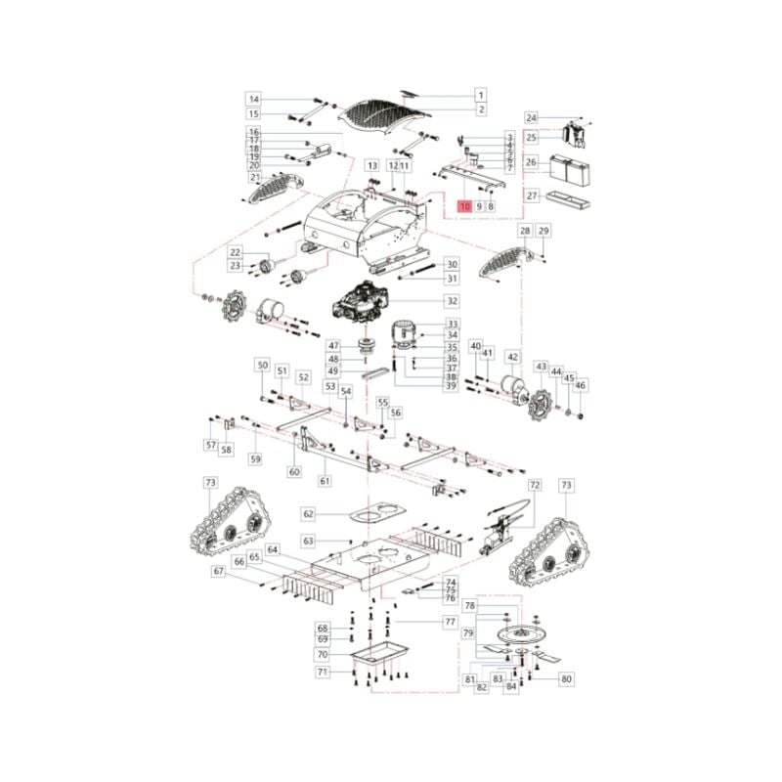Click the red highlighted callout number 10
pyautogui.click(x=464, y=206)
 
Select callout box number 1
pyautogui.click(x=481, y=95)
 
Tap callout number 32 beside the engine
pyautogui.click(x=452, y=300)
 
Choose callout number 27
pyautogui.click(x=532, y=195)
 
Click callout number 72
pyautogui.click(x=535, y=485)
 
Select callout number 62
pyautogui.click(x=309, y=514)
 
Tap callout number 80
pyautogui.click(x=566, y=678)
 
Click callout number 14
pyautogui.click(x=253, y=100)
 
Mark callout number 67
pyautogui.click(x=219, y=571)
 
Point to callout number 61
pyautogui.click(x=326, y=480)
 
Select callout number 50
pyautogui.click(x=262, y=365)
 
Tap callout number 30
pyautogui.click(x=452, y=264)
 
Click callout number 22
pyautogui.click(x=235, y=253)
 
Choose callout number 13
pyautogui.click(x=372, y=166)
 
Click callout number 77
pyautogui.click(x=451, y=622)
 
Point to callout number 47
pyautogui.click(x=333, y=346)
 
